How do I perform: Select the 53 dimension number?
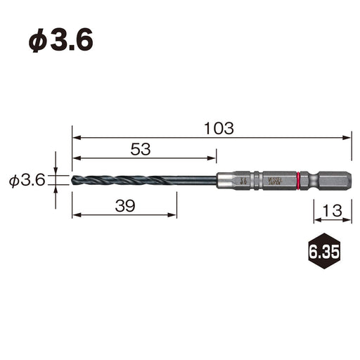click(141, 148)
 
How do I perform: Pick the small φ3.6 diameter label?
click(27, 181)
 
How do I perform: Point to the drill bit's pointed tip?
click(73, 181)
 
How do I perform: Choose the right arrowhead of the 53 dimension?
click(213, 158)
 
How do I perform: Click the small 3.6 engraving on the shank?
click(243, 181)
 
